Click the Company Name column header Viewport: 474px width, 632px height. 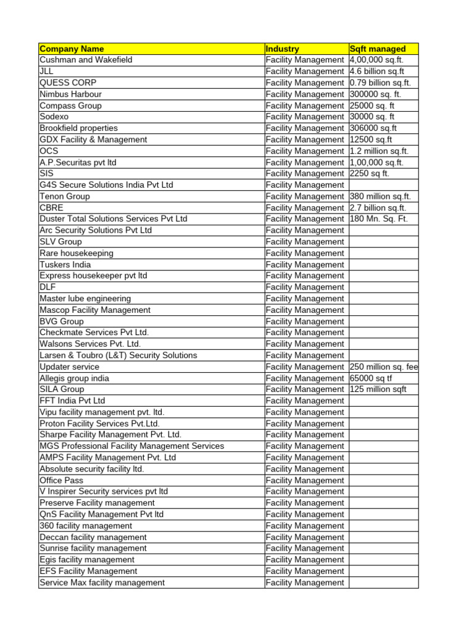click(72, 49)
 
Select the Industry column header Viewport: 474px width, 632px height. click(282, 49)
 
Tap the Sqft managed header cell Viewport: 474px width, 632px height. click(378, 49)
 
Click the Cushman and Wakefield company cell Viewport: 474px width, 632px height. click(86, 60)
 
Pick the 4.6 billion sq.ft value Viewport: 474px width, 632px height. click(377, 72)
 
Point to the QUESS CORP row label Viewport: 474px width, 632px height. click(68, 83)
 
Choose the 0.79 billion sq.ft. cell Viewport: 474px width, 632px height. click(380, 83)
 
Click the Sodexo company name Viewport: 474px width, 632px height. click(54, 117)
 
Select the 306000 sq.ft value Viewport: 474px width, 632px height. click(373, 128)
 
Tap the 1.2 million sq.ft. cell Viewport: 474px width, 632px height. click(379, 151)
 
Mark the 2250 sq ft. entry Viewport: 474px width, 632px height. click(370, 173)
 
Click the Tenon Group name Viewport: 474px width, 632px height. click(65, 196)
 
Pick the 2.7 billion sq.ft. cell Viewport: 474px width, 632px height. click(378, 207)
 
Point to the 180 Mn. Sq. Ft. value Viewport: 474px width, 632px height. click(379, 218)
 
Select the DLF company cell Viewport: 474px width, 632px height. click(48, 287)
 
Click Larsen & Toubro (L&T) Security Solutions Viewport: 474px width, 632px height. click(118, 355)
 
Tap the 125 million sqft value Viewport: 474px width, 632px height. click(378, 389)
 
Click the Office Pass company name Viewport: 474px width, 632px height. click(62, 480)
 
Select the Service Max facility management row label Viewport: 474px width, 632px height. click(102, 582)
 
